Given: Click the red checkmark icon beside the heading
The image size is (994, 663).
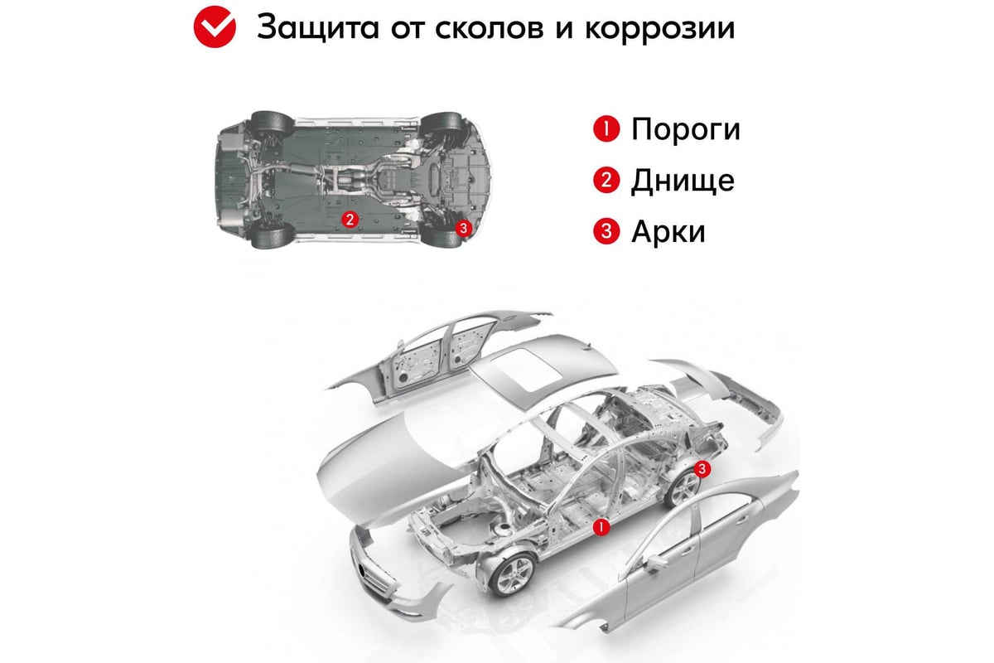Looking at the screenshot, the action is pos(215,27).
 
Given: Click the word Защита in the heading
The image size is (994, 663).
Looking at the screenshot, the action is pos(318,27).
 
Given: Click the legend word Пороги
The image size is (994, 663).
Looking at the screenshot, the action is pos(686,129).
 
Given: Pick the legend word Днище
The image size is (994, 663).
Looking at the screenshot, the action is pos(683,181).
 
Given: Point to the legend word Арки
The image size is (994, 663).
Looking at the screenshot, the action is pos(668,231).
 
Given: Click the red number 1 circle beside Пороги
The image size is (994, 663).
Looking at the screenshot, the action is pos(606,128).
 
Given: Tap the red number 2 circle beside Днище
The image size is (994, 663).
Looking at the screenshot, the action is pos(606,180).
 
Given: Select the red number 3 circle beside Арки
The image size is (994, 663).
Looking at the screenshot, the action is pos(606,231).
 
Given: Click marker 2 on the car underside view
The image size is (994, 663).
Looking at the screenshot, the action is pos(350,220).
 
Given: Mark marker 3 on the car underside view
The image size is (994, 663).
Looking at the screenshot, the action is pos(464,228).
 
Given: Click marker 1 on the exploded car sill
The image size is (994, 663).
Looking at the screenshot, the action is pos(601,527).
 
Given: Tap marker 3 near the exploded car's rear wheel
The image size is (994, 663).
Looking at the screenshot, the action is pos(702,468).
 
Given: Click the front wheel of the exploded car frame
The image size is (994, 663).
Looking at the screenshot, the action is pos(514,574).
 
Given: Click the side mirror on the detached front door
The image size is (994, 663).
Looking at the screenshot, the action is pos(654,563).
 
